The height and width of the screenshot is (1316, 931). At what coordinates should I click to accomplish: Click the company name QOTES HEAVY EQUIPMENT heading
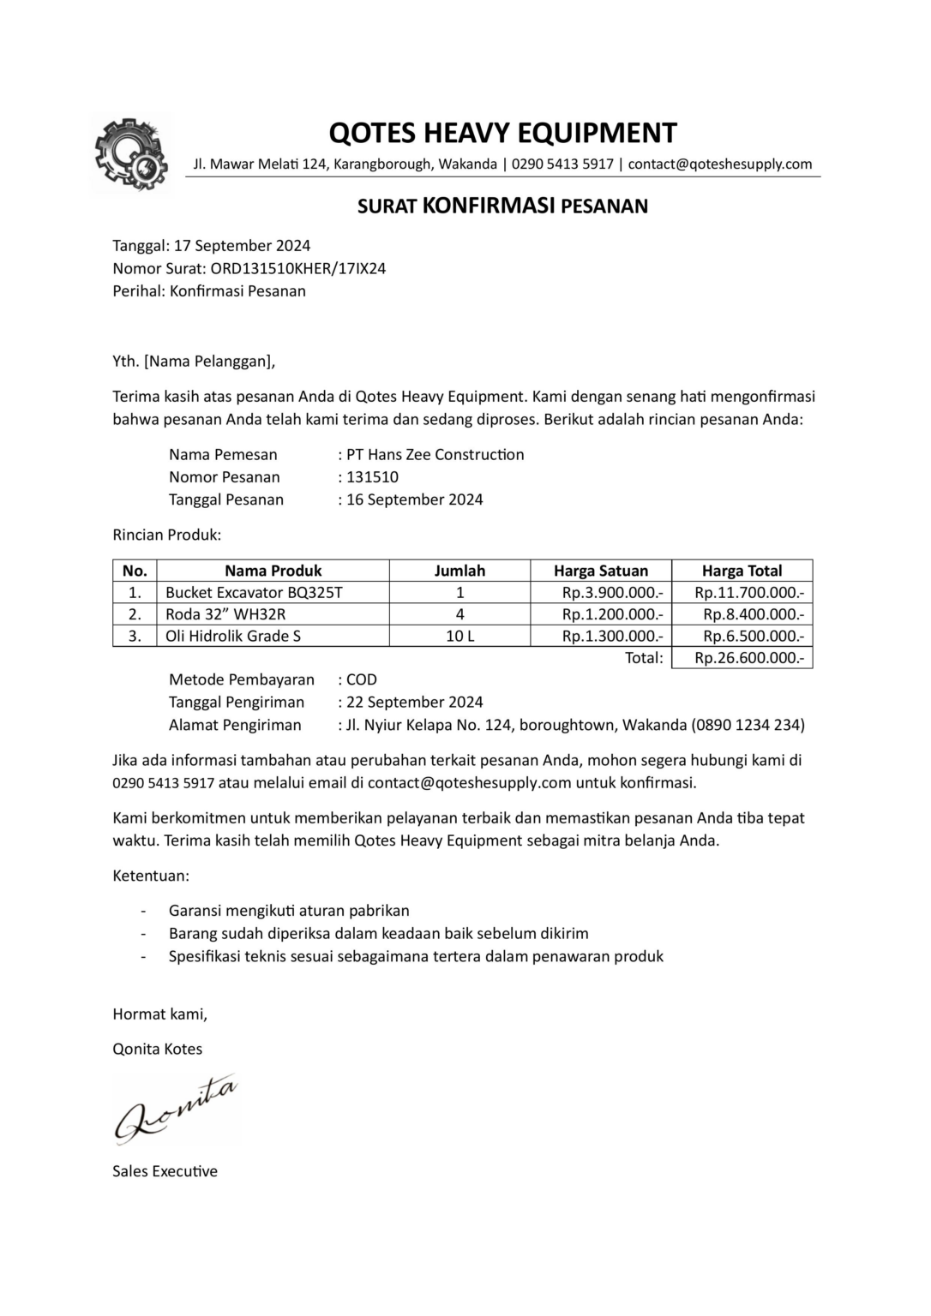(x=503, y=133)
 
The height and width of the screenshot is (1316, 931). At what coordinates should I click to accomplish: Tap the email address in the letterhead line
(x=720, y=164)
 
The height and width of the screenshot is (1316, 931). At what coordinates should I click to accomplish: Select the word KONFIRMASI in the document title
(x=489, y=206)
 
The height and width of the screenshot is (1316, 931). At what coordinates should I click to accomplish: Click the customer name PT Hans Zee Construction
(x=435, y=455)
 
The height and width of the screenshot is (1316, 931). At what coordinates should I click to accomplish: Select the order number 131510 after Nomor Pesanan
(x=372, y=477)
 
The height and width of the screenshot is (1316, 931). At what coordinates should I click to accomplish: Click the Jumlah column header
(x=459, y=571)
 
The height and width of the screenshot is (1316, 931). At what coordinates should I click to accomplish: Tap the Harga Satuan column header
(x=600, y=571)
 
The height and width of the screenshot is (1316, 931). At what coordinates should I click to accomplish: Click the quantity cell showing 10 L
(x=459, y=636)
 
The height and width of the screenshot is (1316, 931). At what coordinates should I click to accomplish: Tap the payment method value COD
(x=361, y=680)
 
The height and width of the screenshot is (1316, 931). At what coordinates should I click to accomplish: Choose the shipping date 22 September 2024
(x=414, y=703)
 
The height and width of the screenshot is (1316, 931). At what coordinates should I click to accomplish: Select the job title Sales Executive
(x=165, y=1171)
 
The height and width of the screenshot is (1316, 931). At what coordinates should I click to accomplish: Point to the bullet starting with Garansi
(x=289, y=911)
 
